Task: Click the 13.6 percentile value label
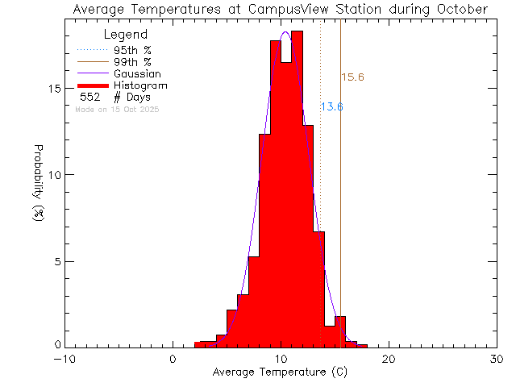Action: point(331,106)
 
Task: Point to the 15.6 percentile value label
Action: point(352,77)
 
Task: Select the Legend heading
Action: point(126,35)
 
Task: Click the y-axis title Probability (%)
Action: point(38,183)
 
